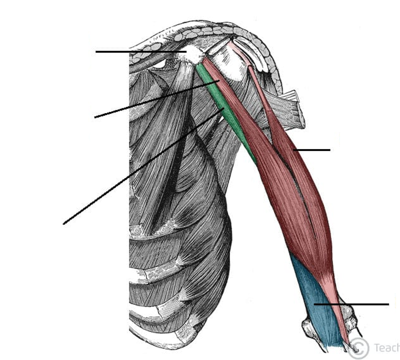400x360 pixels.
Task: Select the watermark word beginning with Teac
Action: (386, 347)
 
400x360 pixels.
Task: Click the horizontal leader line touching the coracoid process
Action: (140, 51)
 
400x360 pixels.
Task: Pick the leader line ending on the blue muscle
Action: (352, 304)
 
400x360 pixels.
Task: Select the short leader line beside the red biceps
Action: (312, 150)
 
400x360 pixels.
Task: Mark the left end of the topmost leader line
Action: (96, 51)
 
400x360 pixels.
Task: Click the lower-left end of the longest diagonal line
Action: (64, 224)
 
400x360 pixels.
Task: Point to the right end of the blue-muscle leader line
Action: (388, 304)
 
